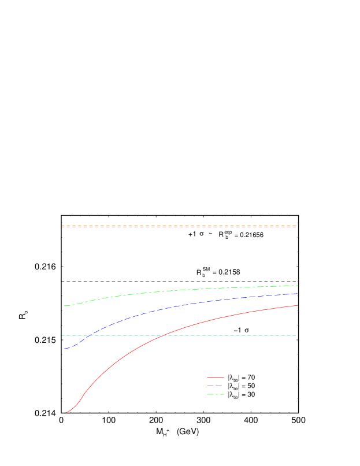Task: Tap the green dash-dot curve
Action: point(173,290)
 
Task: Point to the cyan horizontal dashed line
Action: point(231,335)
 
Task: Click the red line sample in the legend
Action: point(215,377)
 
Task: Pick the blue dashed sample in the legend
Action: point(215,386)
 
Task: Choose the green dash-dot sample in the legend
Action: point(215,394)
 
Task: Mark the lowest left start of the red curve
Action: point(66,412)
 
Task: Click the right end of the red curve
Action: point(298,305)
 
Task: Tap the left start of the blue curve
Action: point(65,349)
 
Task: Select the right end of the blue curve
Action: point(298,294)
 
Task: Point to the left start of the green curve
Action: point(64,306)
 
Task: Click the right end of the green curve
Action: point(298,286)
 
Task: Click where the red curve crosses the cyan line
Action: point(164,335)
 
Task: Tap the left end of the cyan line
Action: point(62,335)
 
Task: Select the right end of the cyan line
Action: point(296,335)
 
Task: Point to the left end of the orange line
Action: point(62,226)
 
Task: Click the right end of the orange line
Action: point(296,226)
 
